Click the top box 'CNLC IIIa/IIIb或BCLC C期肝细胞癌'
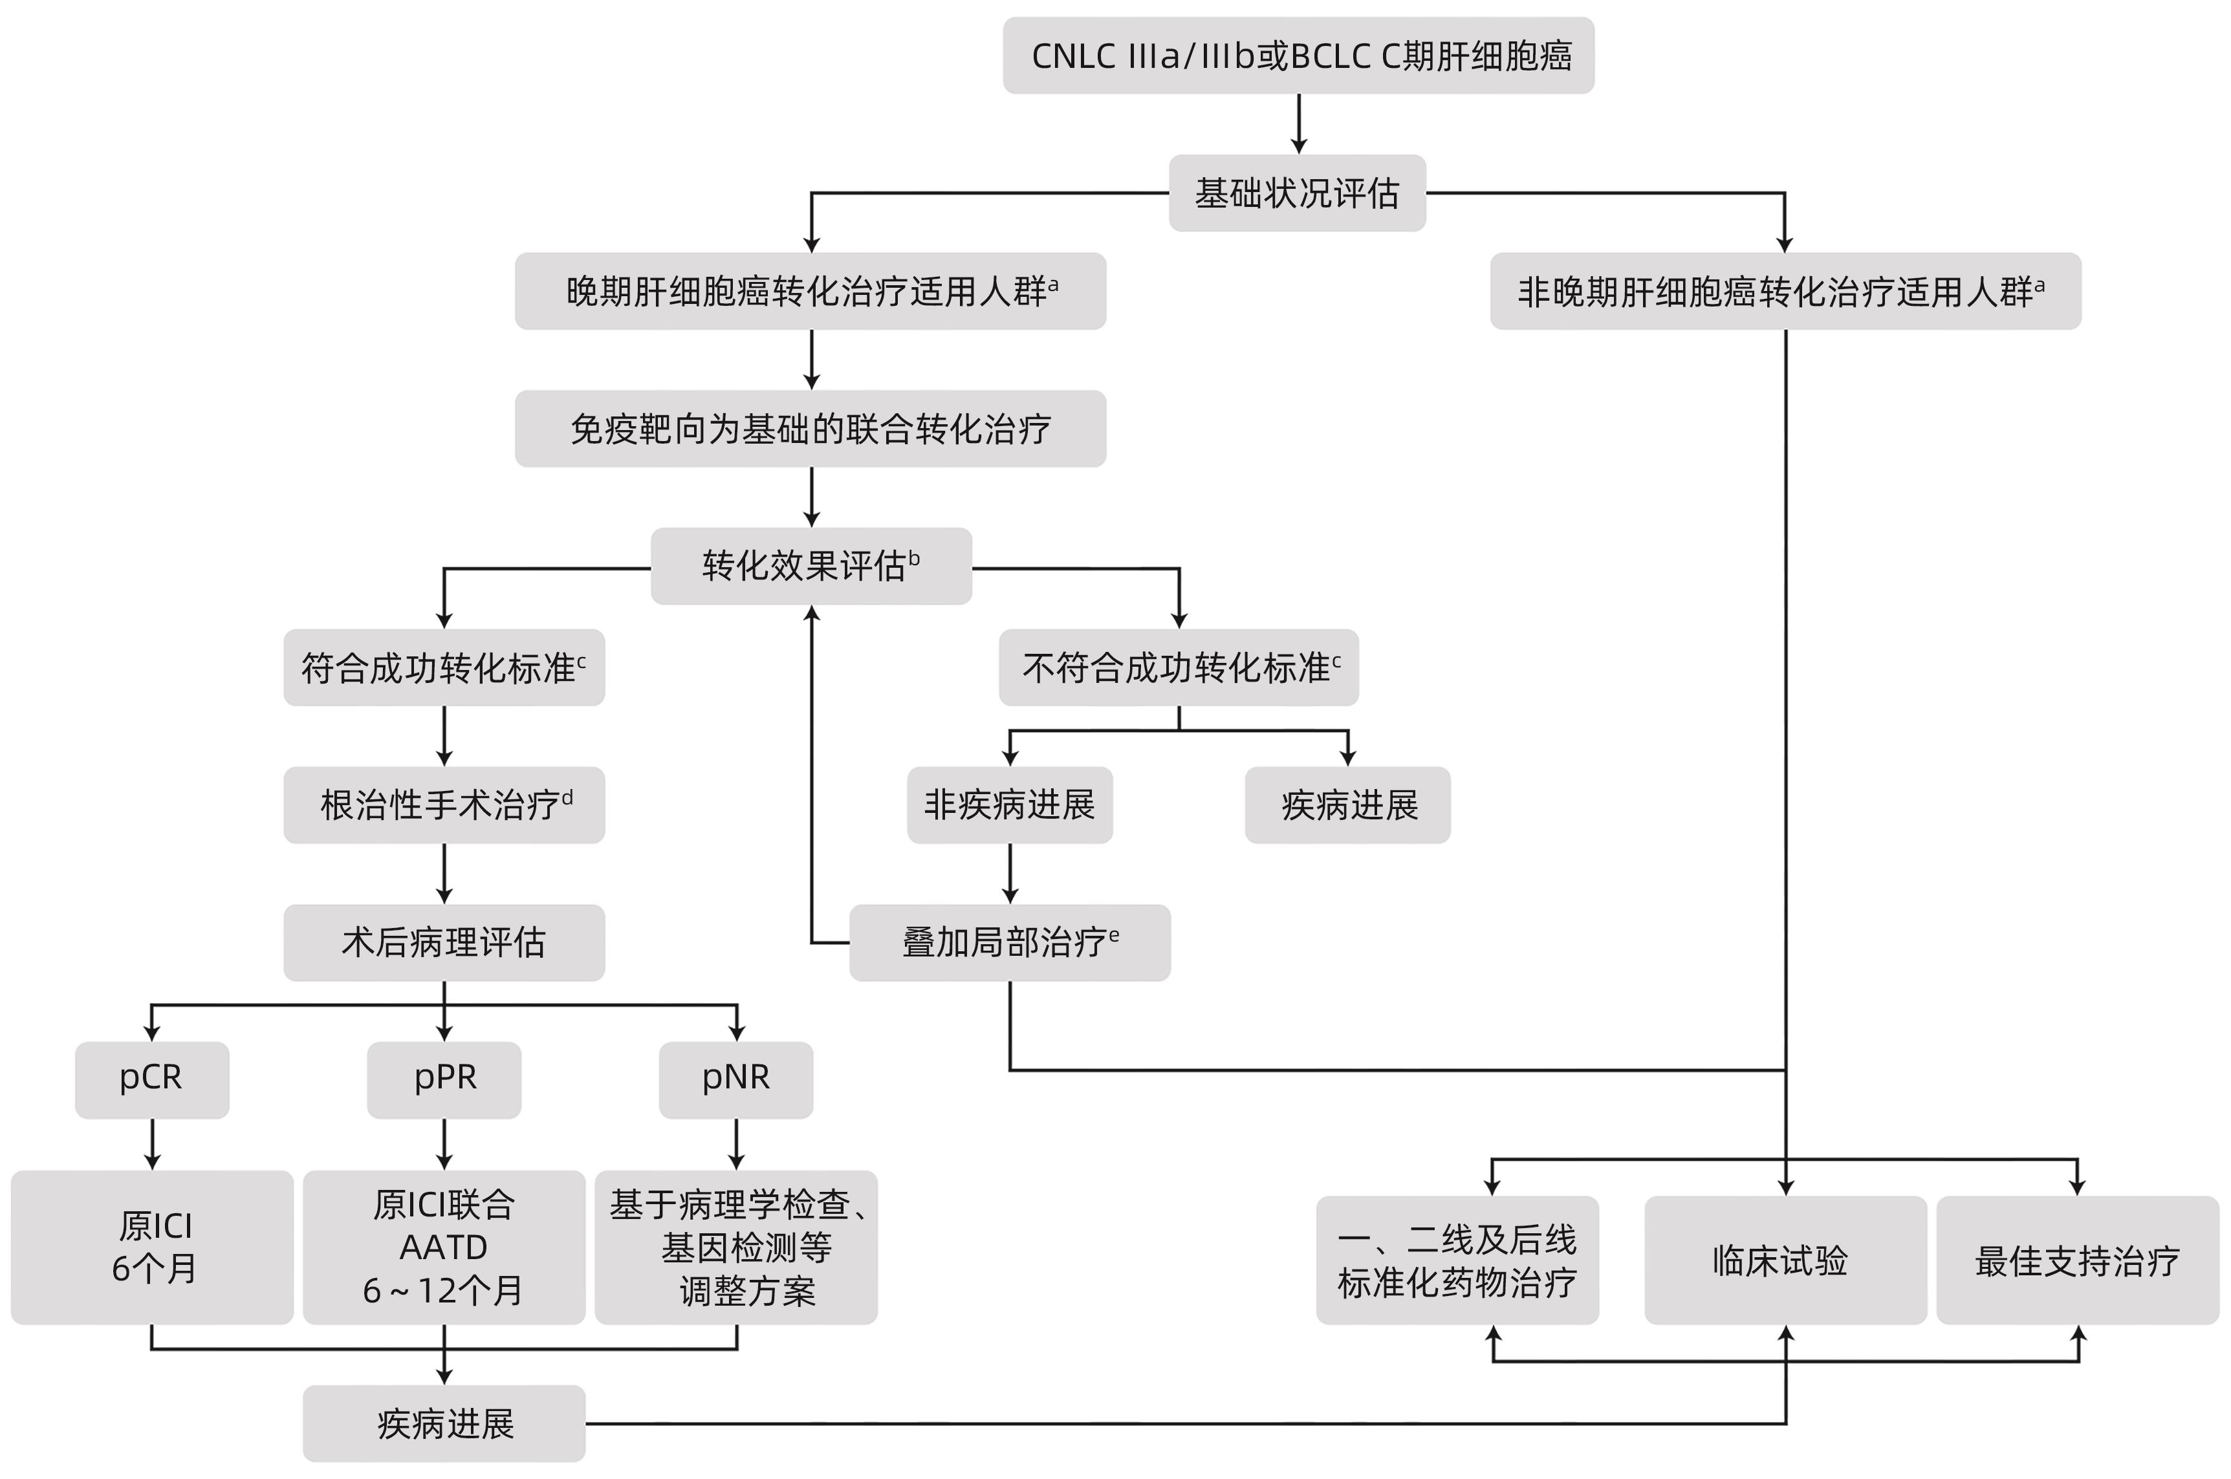[1298, 56]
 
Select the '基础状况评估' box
[1297, 193]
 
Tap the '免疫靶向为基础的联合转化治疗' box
[811, 429]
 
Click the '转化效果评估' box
[811, 566]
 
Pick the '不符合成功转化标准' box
[1178, 668]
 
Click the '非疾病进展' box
[1009, 804]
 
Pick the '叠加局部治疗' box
[1009, 942]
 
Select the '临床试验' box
[1785, 1260]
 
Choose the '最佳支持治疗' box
[2077, 1260]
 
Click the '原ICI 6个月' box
[152, 1247]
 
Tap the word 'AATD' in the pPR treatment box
[443, 1247]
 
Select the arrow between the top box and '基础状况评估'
[1299, 124]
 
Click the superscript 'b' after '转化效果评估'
[914, 558]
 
